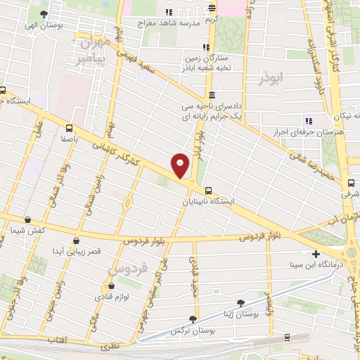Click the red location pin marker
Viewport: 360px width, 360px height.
click(181, 165)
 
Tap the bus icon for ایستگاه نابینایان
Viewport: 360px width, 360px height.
click(208, 191)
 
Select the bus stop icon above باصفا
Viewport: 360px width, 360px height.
click(69, 128)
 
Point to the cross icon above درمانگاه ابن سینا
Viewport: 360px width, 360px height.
click(316, 254)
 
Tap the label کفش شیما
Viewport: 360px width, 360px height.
click(28, 231)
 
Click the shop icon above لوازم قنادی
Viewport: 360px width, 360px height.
click(112, 286)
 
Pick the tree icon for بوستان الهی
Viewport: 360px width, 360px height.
click(44, 14)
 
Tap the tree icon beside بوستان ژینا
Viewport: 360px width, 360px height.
click(242, 302)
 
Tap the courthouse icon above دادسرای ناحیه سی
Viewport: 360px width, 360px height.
click(212, 96)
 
